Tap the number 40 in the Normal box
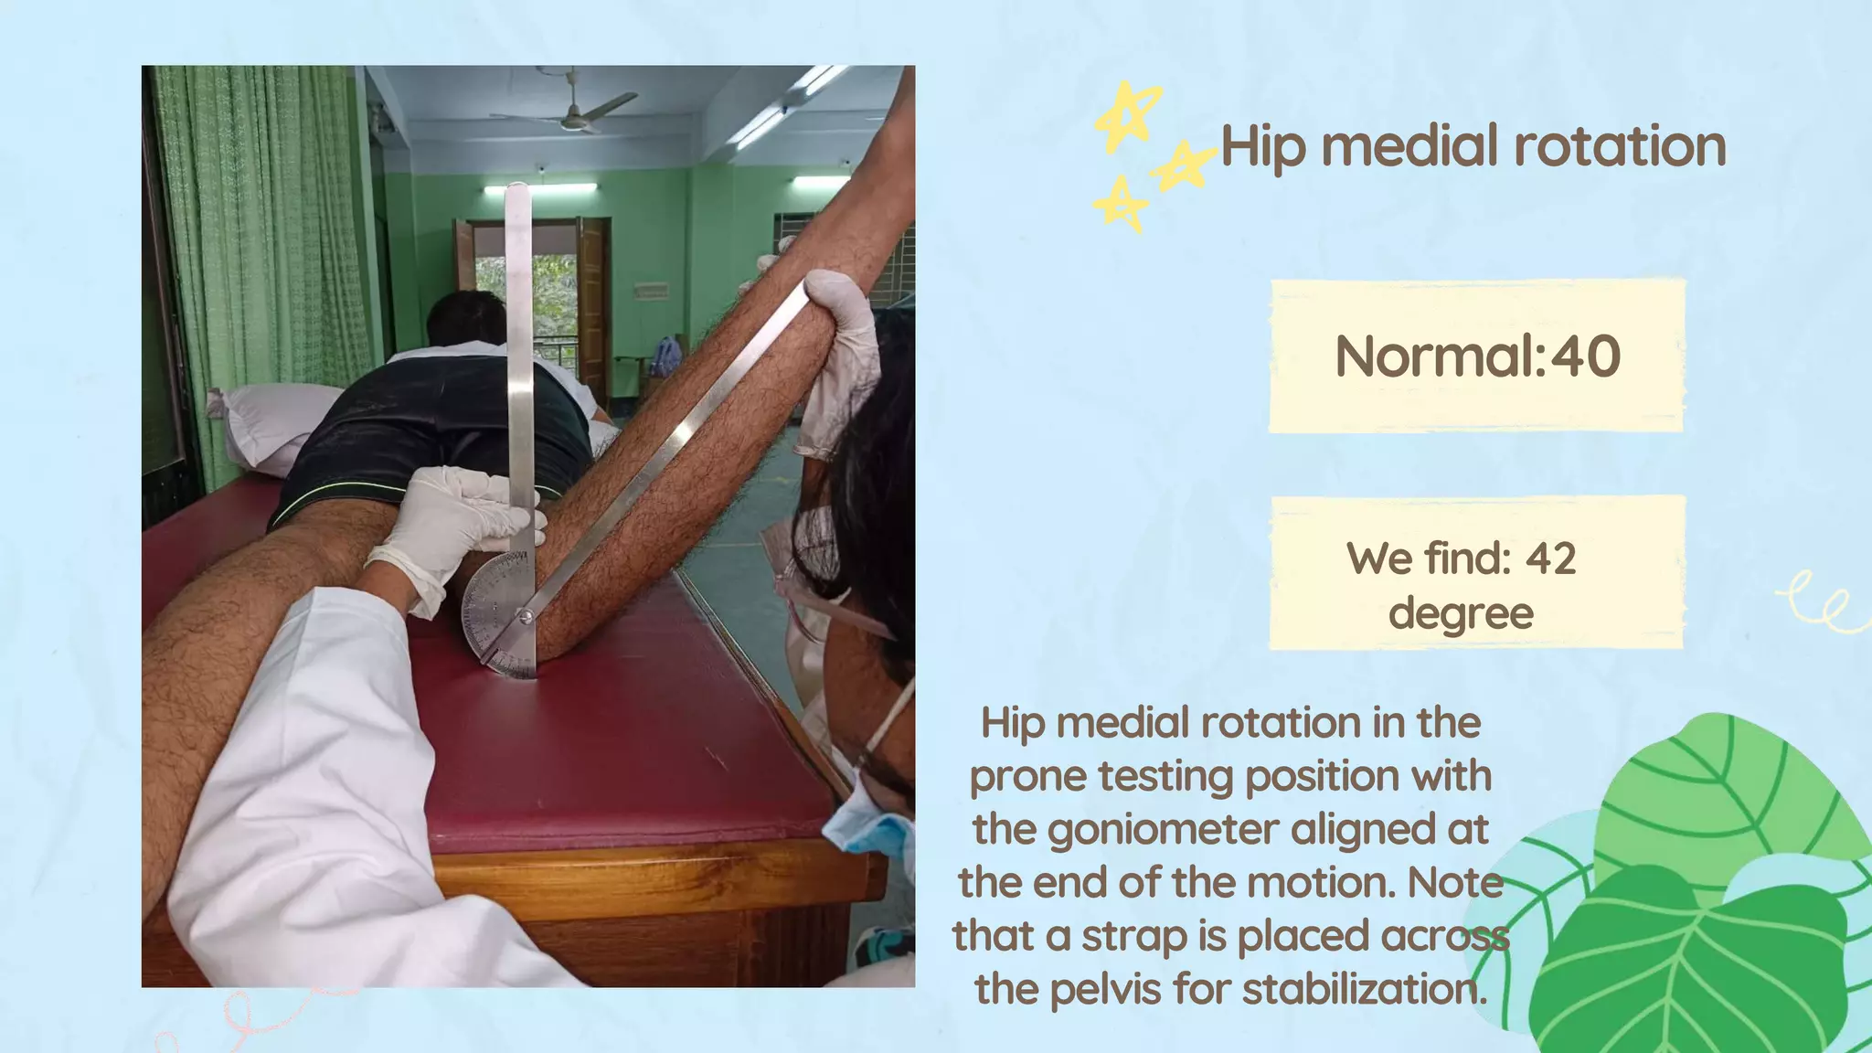pos(1586,356)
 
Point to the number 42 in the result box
pos(1550,558)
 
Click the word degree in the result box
pos(1461,612)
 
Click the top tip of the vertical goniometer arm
pos(518,190)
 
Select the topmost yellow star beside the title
pos(1129,114)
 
